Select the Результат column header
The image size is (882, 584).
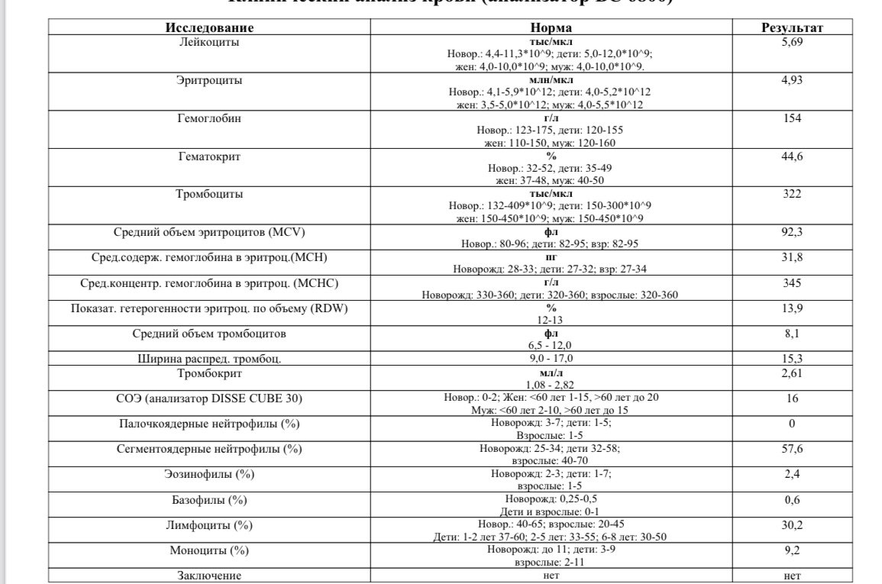792,28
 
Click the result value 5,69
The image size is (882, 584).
792,42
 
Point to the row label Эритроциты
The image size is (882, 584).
209,79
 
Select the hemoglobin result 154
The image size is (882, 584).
792,118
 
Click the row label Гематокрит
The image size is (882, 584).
209,156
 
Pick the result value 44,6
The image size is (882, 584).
792,156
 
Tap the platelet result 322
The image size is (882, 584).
792,194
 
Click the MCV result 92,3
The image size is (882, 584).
792,231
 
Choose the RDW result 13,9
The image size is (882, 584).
792,308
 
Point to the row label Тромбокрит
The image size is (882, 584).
209,373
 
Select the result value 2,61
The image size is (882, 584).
792,373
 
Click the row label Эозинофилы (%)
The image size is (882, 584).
209,474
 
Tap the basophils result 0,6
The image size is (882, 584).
792,500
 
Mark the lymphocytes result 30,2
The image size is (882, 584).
792,525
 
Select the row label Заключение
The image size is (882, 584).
209,576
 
